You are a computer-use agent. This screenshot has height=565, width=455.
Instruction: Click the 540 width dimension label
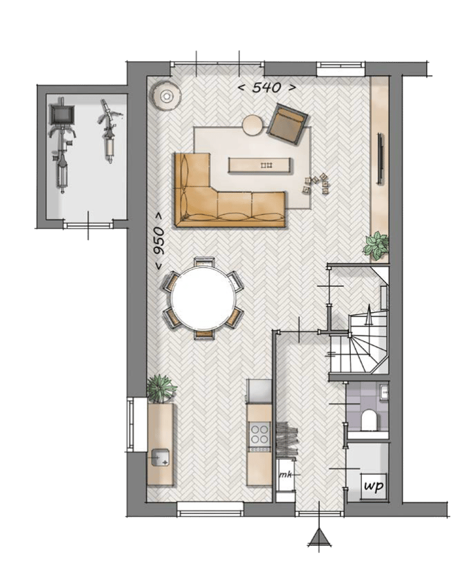[267, 88]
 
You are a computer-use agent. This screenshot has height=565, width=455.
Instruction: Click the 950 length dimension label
[159, 246]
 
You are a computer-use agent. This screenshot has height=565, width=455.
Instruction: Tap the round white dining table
[203, 298]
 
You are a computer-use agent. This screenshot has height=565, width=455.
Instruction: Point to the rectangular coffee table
[260, 165]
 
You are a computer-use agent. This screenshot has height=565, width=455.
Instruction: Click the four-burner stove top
[259, 433]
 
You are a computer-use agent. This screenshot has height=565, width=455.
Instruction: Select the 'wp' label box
[373, 487]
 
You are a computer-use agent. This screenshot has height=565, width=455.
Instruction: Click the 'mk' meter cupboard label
[284, 476]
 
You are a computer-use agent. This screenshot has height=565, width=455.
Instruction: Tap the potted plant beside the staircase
[376, 245]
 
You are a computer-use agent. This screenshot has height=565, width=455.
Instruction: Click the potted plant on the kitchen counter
[161, 389]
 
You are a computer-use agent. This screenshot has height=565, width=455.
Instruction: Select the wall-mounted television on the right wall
[380, 158]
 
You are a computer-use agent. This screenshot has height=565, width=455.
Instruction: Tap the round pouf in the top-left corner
[166, 95]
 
